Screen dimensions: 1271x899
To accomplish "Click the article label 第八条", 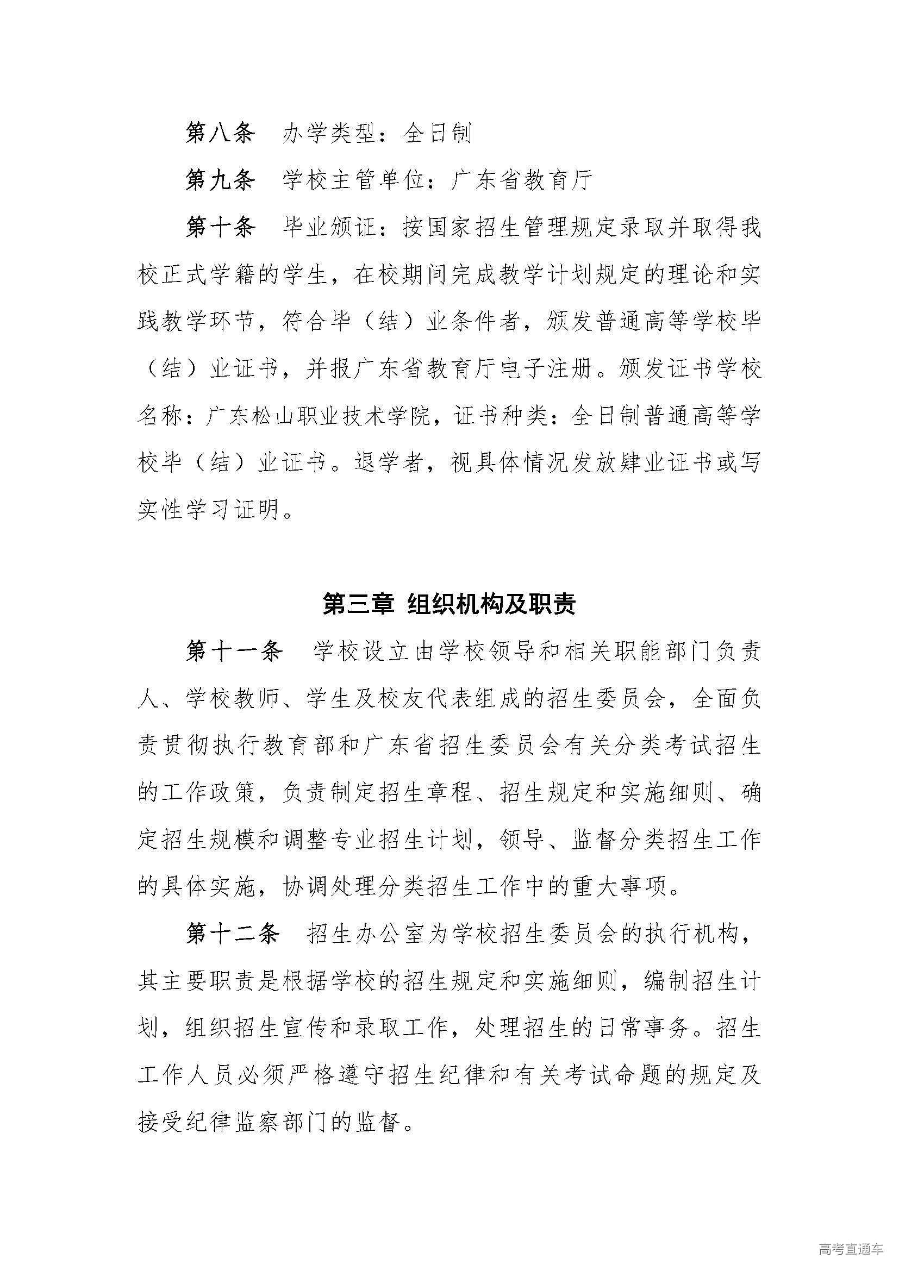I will tap(220, 134).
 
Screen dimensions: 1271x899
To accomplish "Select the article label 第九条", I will tap(220, 180).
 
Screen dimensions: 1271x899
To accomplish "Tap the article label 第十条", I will tap(220, 227).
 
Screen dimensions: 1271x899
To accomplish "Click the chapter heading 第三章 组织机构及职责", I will tap(449, 604).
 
